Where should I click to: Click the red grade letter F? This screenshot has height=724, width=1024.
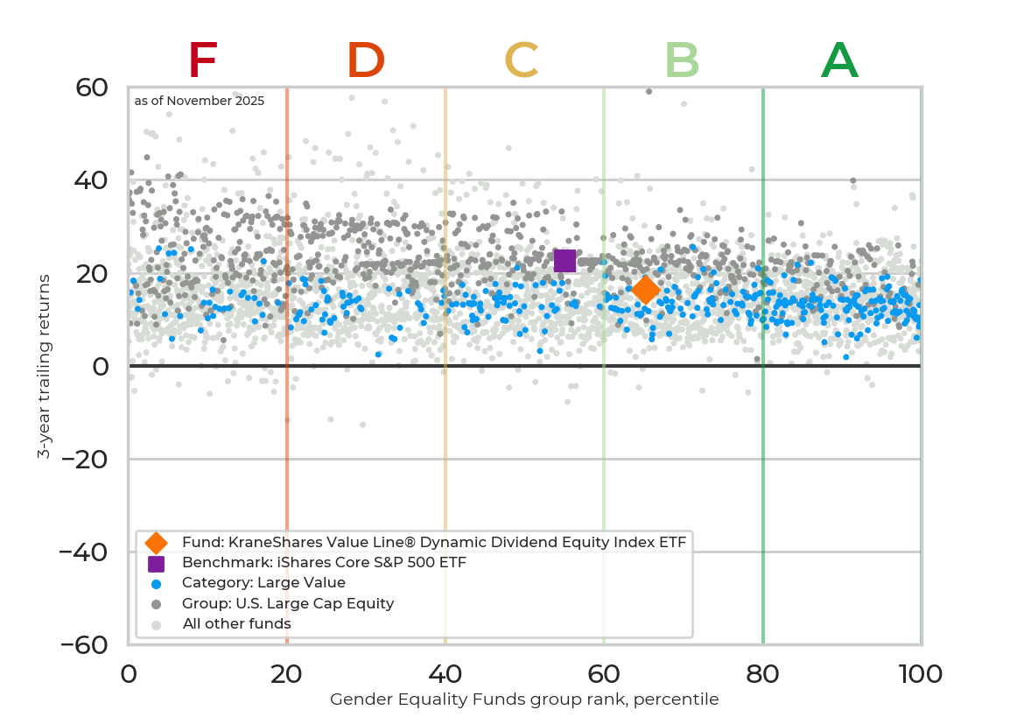click(x=202, y=61)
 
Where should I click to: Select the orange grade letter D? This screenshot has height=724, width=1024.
click(x=366, y=61)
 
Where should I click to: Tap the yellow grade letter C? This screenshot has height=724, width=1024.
click(x=522, y=61)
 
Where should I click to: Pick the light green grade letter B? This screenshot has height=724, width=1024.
click(x=682, y=61)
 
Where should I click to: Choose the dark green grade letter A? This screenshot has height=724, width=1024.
click(x=839, y=61)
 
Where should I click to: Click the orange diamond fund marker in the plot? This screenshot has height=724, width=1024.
click(x=646, y=290)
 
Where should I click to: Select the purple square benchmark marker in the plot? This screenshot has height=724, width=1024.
click(x=565, y=261)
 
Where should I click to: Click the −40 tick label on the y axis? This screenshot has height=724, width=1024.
click(x=83, y=552)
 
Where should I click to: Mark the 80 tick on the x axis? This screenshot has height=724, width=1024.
click(x=763, y=674)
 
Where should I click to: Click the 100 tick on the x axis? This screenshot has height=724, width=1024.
click(x=921, y=674)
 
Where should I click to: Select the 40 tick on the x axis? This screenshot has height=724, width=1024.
click(x=445, y=674)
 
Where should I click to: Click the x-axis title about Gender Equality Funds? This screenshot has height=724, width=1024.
click(x=524, y=699)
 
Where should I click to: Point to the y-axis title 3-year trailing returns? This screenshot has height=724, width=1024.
click(x=43, y=366)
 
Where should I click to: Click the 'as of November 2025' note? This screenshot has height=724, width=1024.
click(x=200, y=102)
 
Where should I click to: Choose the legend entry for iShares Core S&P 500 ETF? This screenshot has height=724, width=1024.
click(x=324, y=563)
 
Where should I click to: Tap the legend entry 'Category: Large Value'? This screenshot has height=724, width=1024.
click(x=263, y=583)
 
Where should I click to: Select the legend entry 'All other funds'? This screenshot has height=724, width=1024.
click(x=236, y=624)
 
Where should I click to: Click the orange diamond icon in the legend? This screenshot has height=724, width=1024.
click(x=156, y=543)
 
